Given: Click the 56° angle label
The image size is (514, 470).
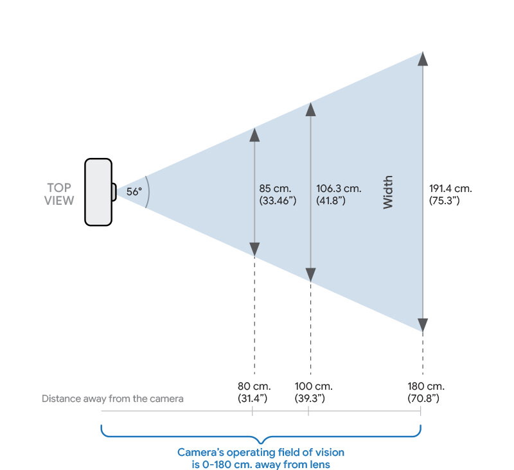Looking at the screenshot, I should tap(134, 191).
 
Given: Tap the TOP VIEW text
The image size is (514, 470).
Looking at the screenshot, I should tap(60, 194).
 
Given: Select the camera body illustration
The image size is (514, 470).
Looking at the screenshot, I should tap(98, 192).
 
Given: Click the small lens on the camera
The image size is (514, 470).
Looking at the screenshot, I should tap(114, 192).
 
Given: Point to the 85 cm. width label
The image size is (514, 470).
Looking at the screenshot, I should tap(275, 189).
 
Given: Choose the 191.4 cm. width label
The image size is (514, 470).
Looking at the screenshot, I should tap(450, 189).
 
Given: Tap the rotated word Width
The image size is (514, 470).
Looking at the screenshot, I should tap(388, 192).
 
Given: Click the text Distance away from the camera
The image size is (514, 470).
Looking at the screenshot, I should tap(112, 399).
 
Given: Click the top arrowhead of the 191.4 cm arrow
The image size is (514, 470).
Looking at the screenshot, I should tap(422, 59).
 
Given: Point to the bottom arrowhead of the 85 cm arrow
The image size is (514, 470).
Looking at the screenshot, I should tap(254, 249).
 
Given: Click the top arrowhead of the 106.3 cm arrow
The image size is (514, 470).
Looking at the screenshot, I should tap(310, 110).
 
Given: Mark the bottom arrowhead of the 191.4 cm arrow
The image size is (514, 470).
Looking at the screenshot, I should tap(422, 324).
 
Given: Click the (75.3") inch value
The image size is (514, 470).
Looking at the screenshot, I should tap(445, 200).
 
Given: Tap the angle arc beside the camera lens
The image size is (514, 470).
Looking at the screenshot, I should tap(147, 192).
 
